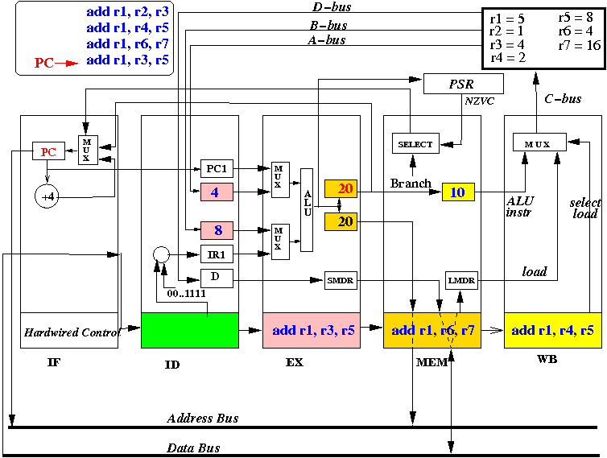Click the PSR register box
click(464, 84)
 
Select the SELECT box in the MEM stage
click(415, 143)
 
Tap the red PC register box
click(48, 151)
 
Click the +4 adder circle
click(47, 196)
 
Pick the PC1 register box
click(217, 168)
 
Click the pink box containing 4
click(217, 192)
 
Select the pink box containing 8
click(217, 230)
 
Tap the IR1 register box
click(217, 254)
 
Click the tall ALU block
click(307, 210)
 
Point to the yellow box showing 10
click(458, 192)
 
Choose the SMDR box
click(341, 280)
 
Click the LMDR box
click(461, 280)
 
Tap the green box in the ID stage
click(190, 330)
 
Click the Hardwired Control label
click(72, 332)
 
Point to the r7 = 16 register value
click(580, 45)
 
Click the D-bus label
click(332, 7)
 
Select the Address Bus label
click(203, 418)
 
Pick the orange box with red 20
click(341, 189)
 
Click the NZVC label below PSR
click(480, 101)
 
